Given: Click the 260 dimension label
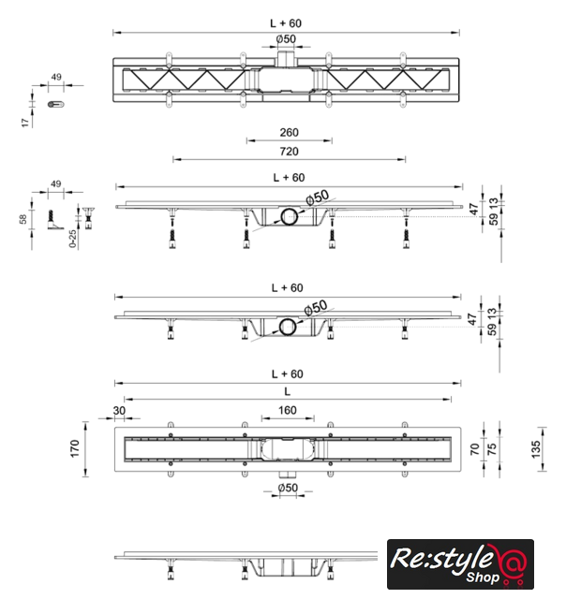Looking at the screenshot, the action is pos(290,133).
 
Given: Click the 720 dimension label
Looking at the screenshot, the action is pos(290,152).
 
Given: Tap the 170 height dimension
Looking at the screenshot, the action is pos(75,448).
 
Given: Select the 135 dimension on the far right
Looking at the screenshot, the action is pos(536,449).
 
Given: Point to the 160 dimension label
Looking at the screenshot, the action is pos(287,410).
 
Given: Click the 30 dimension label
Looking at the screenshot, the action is pos(119,411).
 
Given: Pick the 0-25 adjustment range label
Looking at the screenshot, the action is pos(73,239).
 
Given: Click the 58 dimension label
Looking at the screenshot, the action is pos(22,219).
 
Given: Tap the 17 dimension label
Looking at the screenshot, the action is pos(25,123).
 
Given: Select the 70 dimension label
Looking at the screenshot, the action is pos(474,449).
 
